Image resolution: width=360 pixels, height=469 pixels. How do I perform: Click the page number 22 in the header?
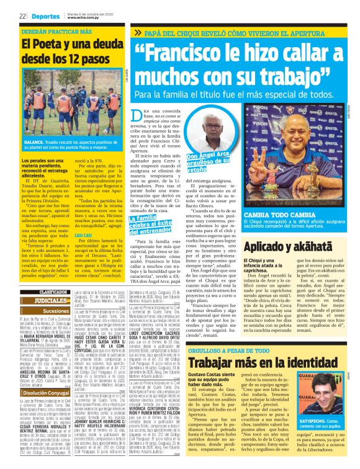click(x=22, y=16)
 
